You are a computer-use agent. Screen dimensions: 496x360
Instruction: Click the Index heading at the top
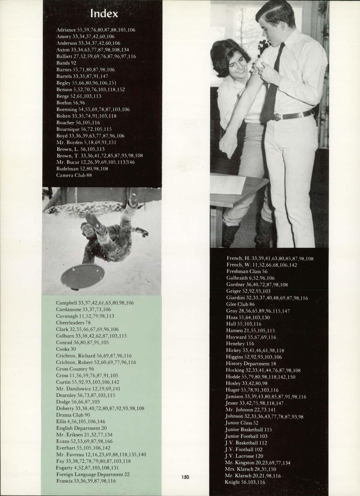104,14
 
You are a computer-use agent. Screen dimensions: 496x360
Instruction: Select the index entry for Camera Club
74,175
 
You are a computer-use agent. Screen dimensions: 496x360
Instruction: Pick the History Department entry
251,363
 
